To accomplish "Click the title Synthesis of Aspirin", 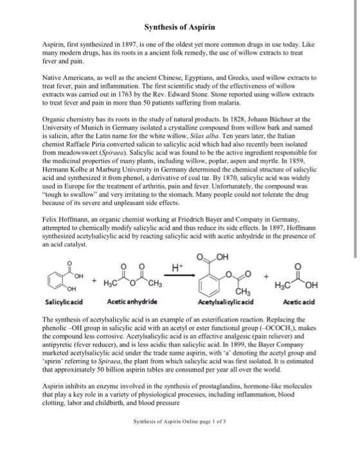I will coord(179,27).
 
